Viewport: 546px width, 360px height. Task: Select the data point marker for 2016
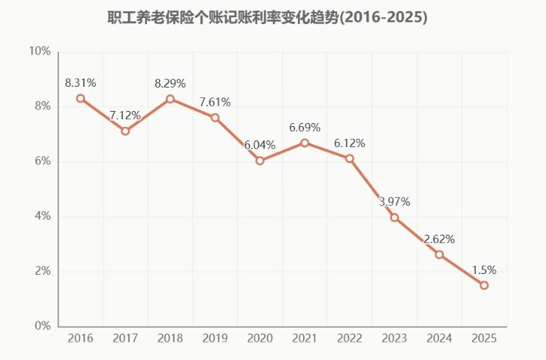(x=81, y=98)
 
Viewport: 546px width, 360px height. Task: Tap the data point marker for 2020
(x=260, y=161)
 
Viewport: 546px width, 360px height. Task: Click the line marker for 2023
(x=394, y=217)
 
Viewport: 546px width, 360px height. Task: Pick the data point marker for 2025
(x=484, y=285)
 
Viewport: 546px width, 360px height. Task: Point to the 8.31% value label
(x=81, y=83)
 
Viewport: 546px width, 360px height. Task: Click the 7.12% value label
(x=125, y=115)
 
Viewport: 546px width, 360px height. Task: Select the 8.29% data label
(x=170, y=83)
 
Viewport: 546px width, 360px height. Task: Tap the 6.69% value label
(x=305, y=127)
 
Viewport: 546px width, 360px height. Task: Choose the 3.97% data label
(x=394, y=202)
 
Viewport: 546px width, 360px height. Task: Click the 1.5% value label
(x=484, y=269)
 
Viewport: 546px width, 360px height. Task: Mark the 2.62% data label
(x=439, y=239)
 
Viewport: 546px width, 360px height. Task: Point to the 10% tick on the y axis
(x=39, y=51)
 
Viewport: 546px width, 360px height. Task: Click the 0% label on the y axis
(x=42, y=326)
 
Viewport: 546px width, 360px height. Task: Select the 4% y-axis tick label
(x=42, y=217)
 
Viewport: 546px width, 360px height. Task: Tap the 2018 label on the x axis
(x=170, y=339)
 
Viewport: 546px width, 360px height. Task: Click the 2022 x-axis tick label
(x=349, y=339)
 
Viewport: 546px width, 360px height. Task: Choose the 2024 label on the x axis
(x=439, y=339)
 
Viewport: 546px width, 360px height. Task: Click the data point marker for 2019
(x=215, y=118)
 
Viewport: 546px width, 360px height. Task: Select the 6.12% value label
(x=349, y=143)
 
